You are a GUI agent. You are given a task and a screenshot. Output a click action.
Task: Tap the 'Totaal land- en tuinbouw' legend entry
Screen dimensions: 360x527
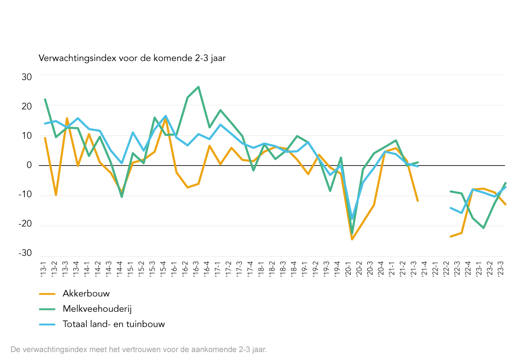114,324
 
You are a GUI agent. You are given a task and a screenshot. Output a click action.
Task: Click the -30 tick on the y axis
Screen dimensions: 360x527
25,253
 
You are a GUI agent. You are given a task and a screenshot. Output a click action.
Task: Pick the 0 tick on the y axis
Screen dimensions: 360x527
29,165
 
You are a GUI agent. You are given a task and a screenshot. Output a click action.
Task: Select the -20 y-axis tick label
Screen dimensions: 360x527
25,224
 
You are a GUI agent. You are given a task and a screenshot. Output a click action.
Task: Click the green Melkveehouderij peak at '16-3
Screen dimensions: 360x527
198,87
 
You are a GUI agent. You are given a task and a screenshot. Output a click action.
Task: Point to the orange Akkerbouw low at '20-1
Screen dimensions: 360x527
352,240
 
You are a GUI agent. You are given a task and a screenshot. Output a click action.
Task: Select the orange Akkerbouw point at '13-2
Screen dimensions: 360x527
56,195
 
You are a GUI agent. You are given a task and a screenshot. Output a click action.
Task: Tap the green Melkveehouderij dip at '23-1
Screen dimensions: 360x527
483,228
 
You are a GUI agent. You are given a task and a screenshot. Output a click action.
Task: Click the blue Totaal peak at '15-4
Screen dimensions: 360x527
165,116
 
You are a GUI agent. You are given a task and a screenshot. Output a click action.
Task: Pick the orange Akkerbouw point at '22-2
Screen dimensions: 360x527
450,236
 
